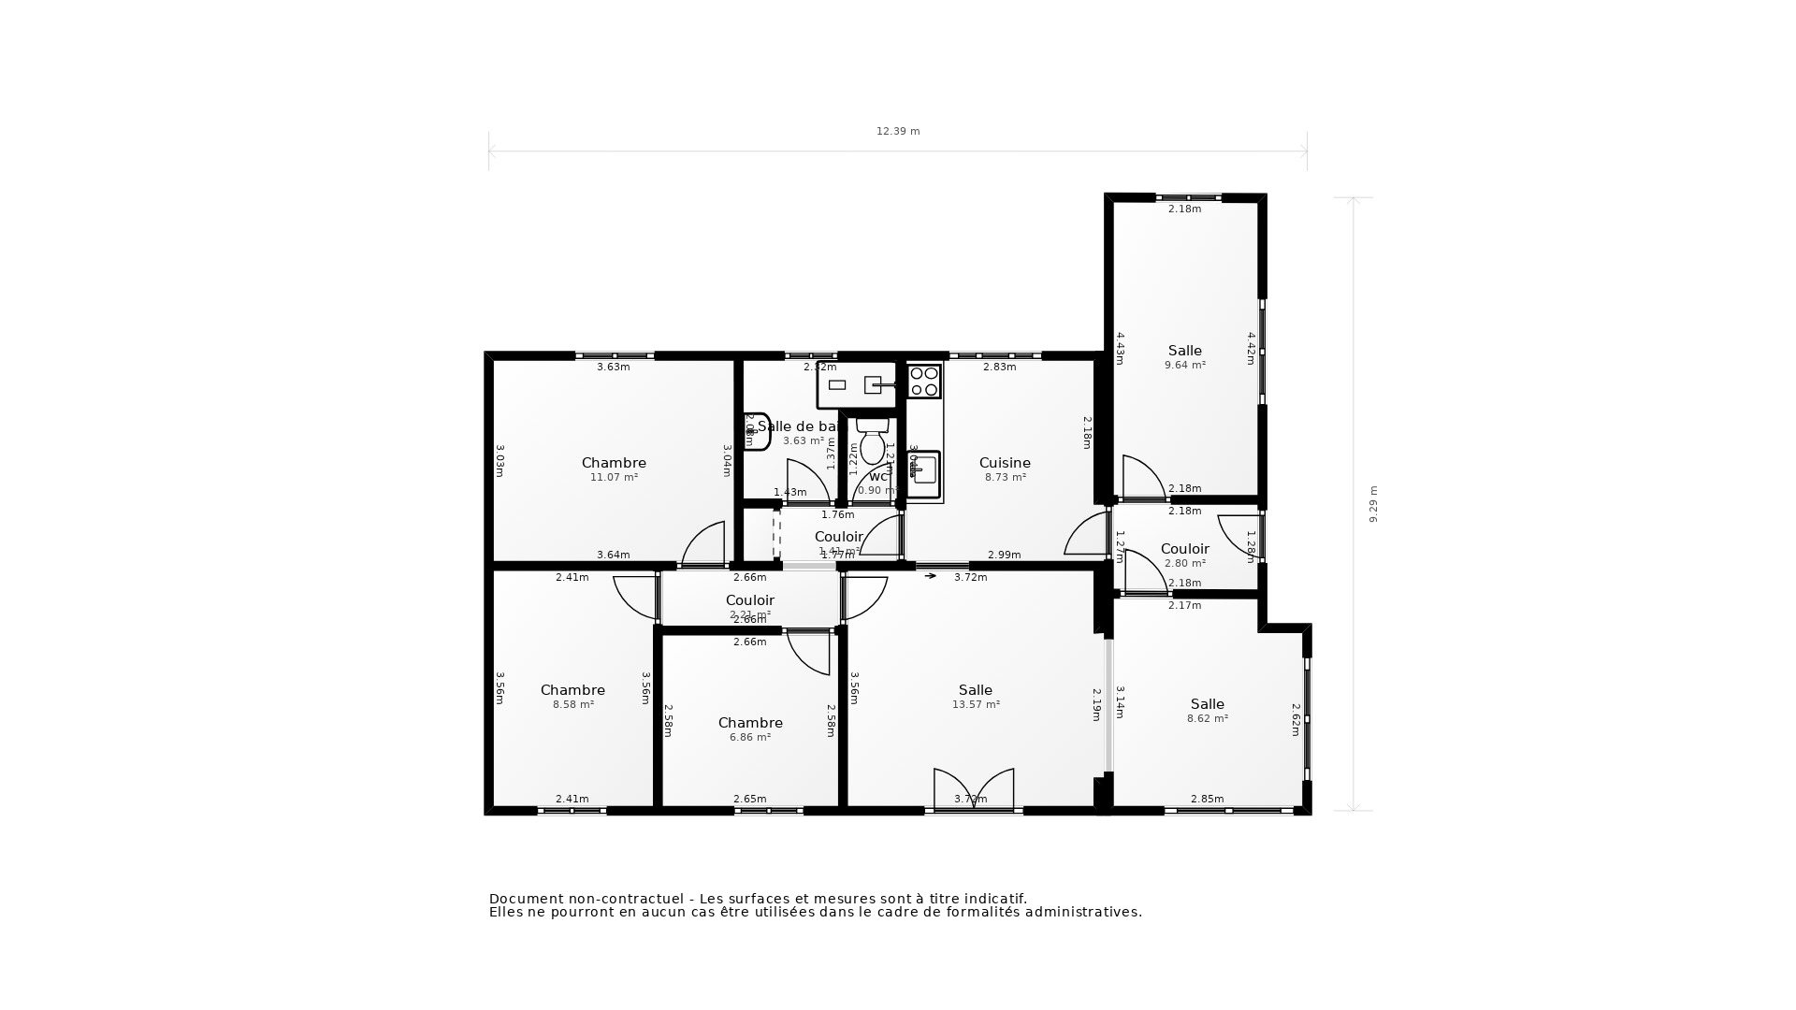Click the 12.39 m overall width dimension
[898, 132]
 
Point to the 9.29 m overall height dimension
[1373, 503]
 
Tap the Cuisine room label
[1005, 463]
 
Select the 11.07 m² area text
[614, 478]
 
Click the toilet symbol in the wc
[873, 442]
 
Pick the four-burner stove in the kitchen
[924, 382]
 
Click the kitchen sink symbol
[924, 470]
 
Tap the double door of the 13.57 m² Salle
[974, 789]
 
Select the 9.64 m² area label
[1184, 366]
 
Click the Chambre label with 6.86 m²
[750, 723]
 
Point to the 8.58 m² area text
[572, 705]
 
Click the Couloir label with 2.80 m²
[1184, 549]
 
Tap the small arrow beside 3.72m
[930, 576]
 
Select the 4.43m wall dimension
[1120, 348]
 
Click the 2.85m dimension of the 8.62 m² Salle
[1207, 799]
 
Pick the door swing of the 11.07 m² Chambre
[706, 544]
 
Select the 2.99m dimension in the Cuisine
[1004, 555]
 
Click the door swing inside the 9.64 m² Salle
[1142, 476]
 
